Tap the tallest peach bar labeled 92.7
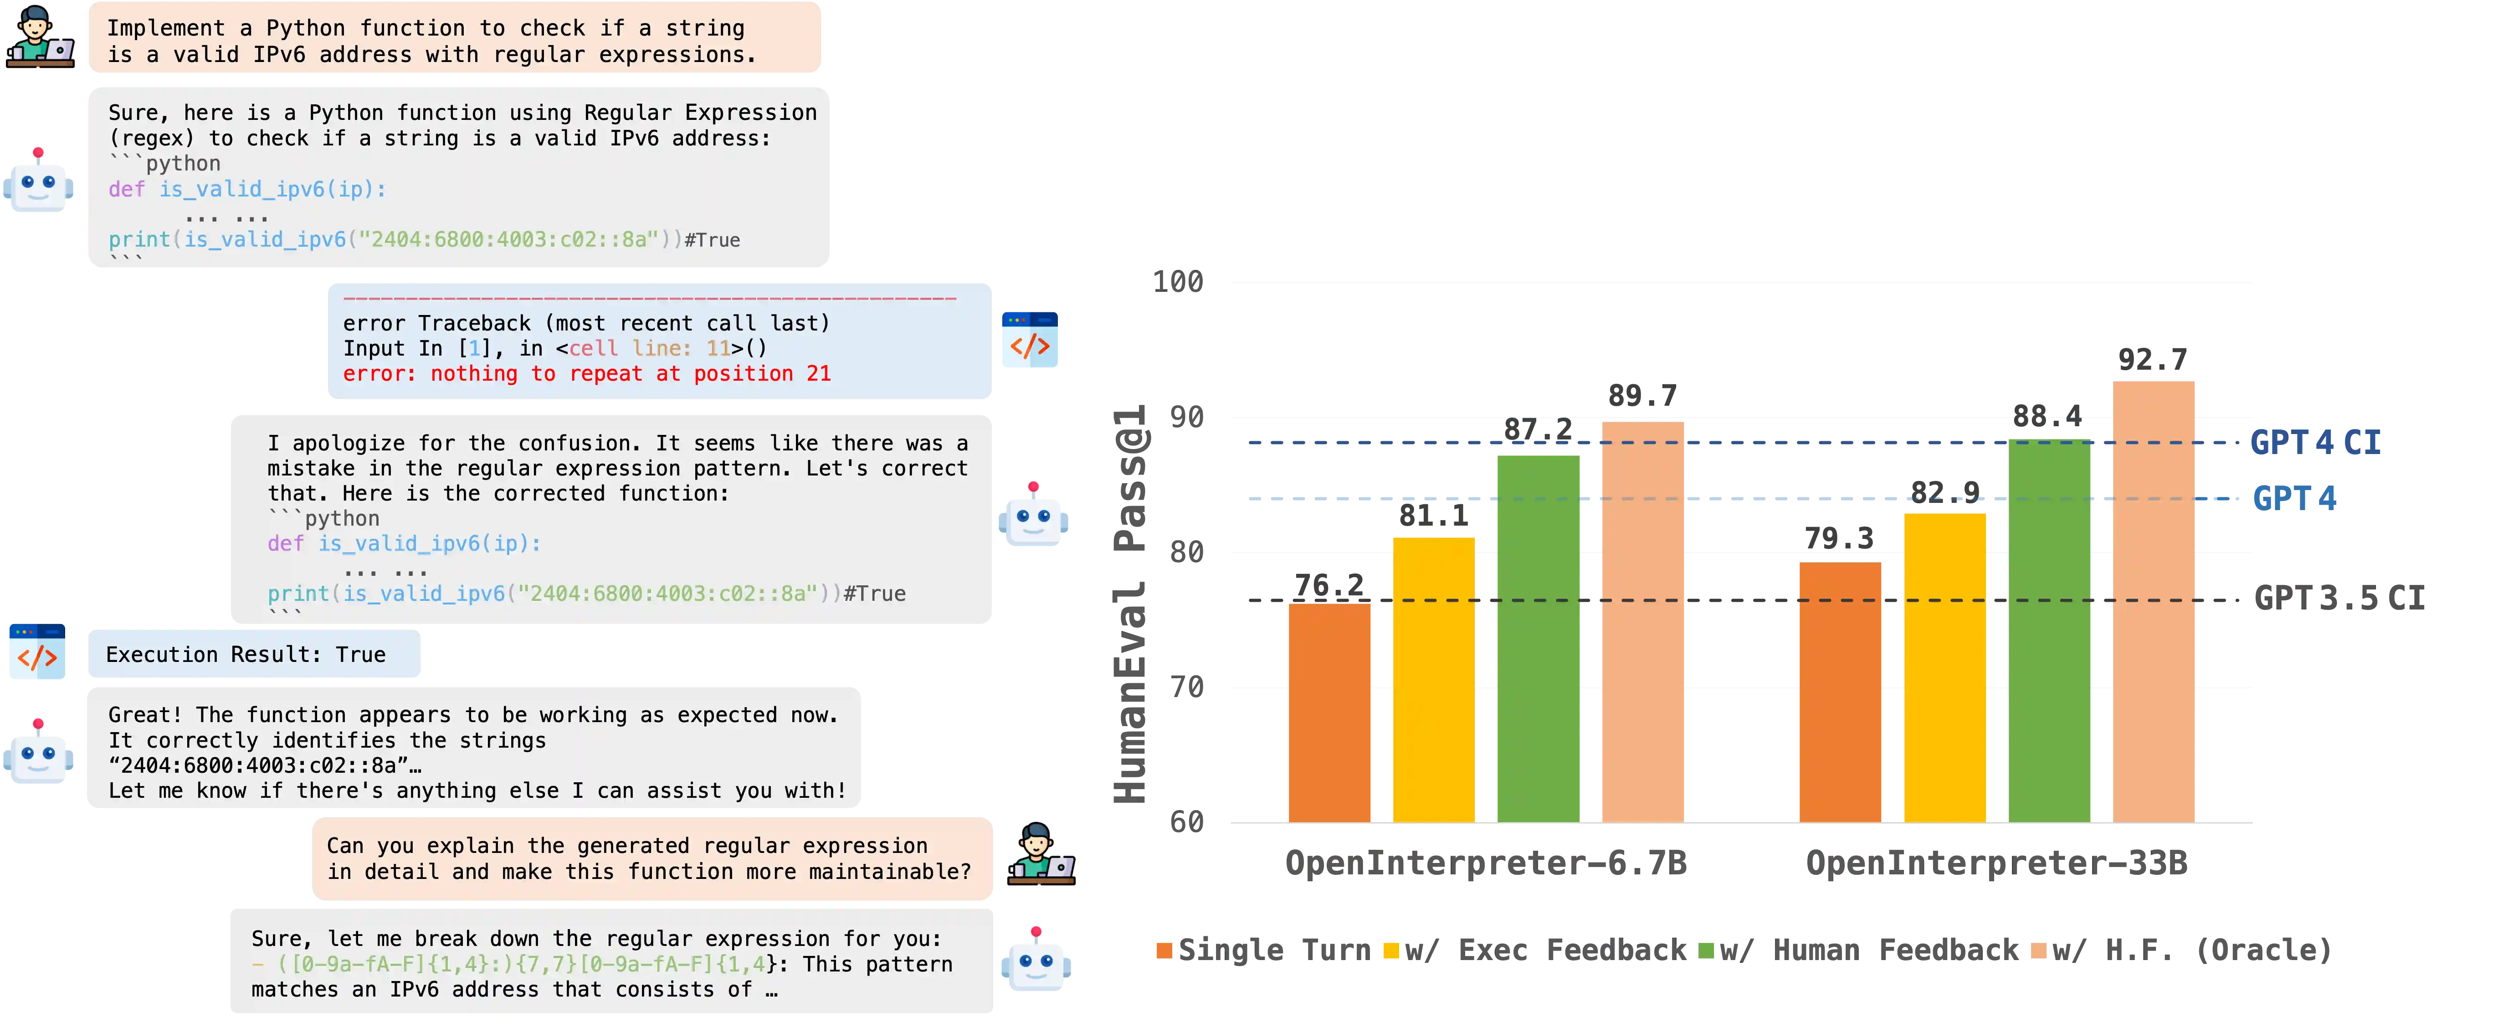click(x=2153, y=600)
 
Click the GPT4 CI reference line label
click(x=2316, y=442)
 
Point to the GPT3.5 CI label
click(x=2339, y=598)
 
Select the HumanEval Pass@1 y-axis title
click(x=1130, y=605)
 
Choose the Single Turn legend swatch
click(x=1164, y=951)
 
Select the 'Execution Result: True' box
click(x=254, y=654)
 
